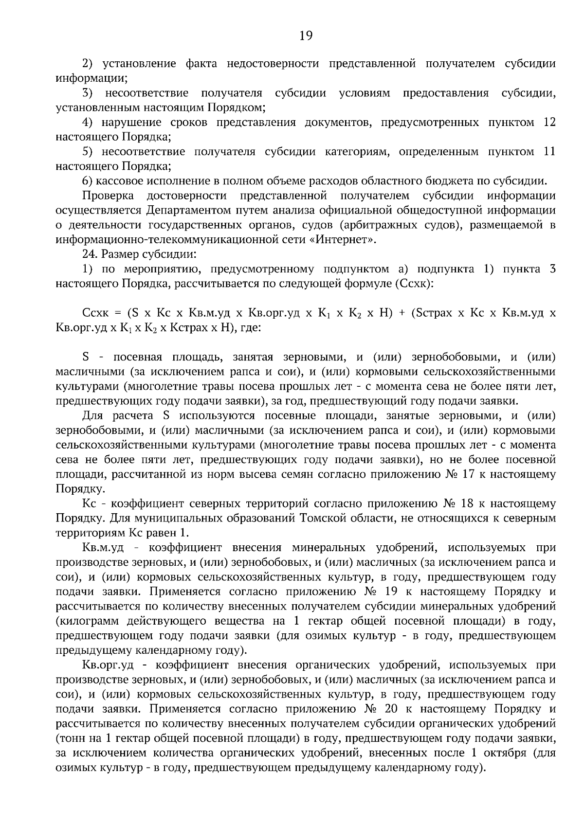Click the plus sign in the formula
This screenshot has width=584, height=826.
[x=402, y=313]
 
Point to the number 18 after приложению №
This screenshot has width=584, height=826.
[x=470, y=503]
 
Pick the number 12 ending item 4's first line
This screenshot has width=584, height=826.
[x=549, y=122]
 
